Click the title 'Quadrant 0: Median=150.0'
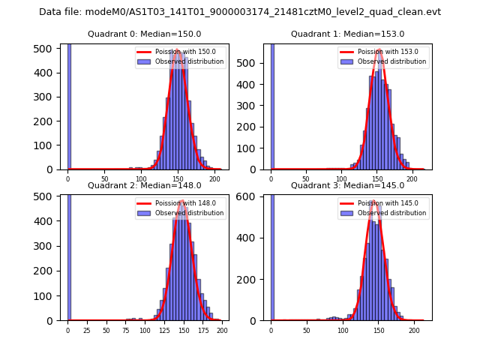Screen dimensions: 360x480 pos(144,34)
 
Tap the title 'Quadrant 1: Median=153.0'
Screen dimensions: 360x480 pos(347,34)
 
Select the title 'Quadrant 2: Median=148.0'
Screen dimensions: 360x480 pos(144,185)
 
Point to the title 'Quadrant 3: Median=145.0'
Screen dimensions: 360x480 pos(347,185)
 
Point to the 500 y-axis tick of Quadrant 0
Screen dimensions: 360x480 pos(44,49)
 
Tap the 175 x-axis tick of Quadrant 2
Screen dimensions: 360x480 pos(202,330)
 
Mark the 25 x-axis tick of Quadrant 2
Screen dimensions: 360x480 pos(87,330)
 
